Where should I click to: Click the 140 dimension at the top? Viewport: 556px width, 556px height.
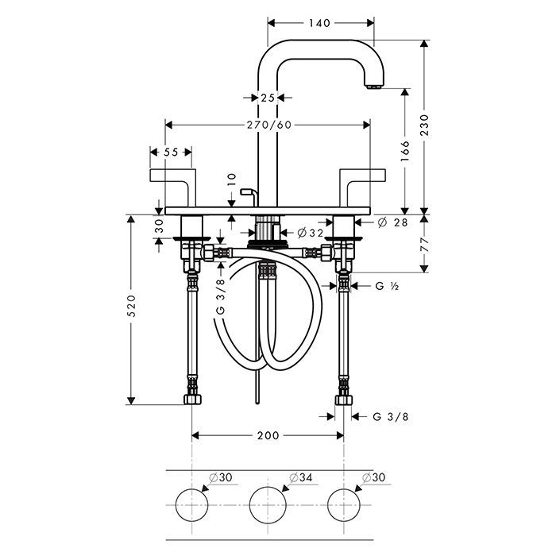pyautogui.click(x=319, y=23)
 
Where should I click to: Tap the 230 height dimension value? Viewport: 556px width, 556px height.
pyautogui.click(x=424, y=125)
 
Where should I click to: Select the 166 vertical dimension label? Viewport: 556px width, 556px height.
pyautogui.click(x=405, y=152)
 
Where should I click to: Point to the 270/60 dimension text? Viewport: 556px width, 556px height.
pyautogui.click(x=269, y=125)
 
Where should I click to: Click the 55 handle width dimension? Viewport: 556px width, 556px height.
pyautogui.click(x=171, y=153)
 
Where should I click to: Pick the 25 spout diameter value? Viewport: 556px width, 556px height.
pyautogui.click(x=268, y=98)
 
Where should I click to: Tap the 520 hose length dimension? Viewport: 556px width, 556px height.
pyautogui.click(x=131, y=305)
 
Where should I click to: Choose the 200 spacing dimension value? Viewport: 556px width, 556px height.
pyautogui.click(x=268, y=435)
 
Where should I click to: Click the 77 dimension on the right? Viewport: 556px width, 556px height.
pyautogui.click(x=424, y=245)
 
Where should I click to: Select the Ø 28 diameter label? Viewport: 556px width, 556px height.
pyautogui.click(x=392, y=222)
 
